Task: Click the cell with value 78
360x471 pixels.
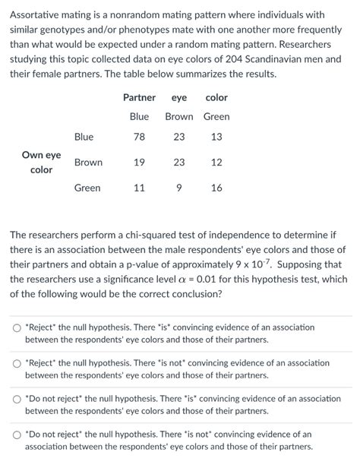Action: coord(139,137)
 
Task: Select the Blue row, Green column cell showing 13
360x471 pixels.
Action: coord(216,137)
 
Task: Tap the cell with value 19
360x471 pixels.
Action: coord(139,163)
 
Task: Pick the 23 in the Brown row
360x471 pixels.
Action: coord(178,163)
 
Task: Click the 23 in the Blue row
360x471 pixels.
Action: coord(178,137)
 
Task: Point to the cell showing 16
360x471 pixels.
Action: coord(216,188)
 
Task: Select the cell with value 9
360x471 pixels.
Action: coord(178,188)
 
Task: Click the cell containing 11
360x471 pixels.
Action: coord(139,188)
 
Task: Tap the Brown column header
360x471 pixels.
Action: coord(178,116)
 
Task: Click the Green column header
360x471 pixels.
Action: coord(216,116)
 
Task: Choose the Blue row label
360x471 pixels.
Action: coord(84,137)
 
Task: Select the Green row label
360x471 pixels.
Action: coord(87,188)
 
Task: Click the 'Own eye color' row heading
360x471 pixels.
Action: coord(41,162)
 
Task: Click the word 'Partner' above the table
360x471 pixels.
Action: coord(139,97)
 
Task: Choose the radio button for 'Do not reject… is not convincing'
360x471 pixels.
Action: coord(17,435)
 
